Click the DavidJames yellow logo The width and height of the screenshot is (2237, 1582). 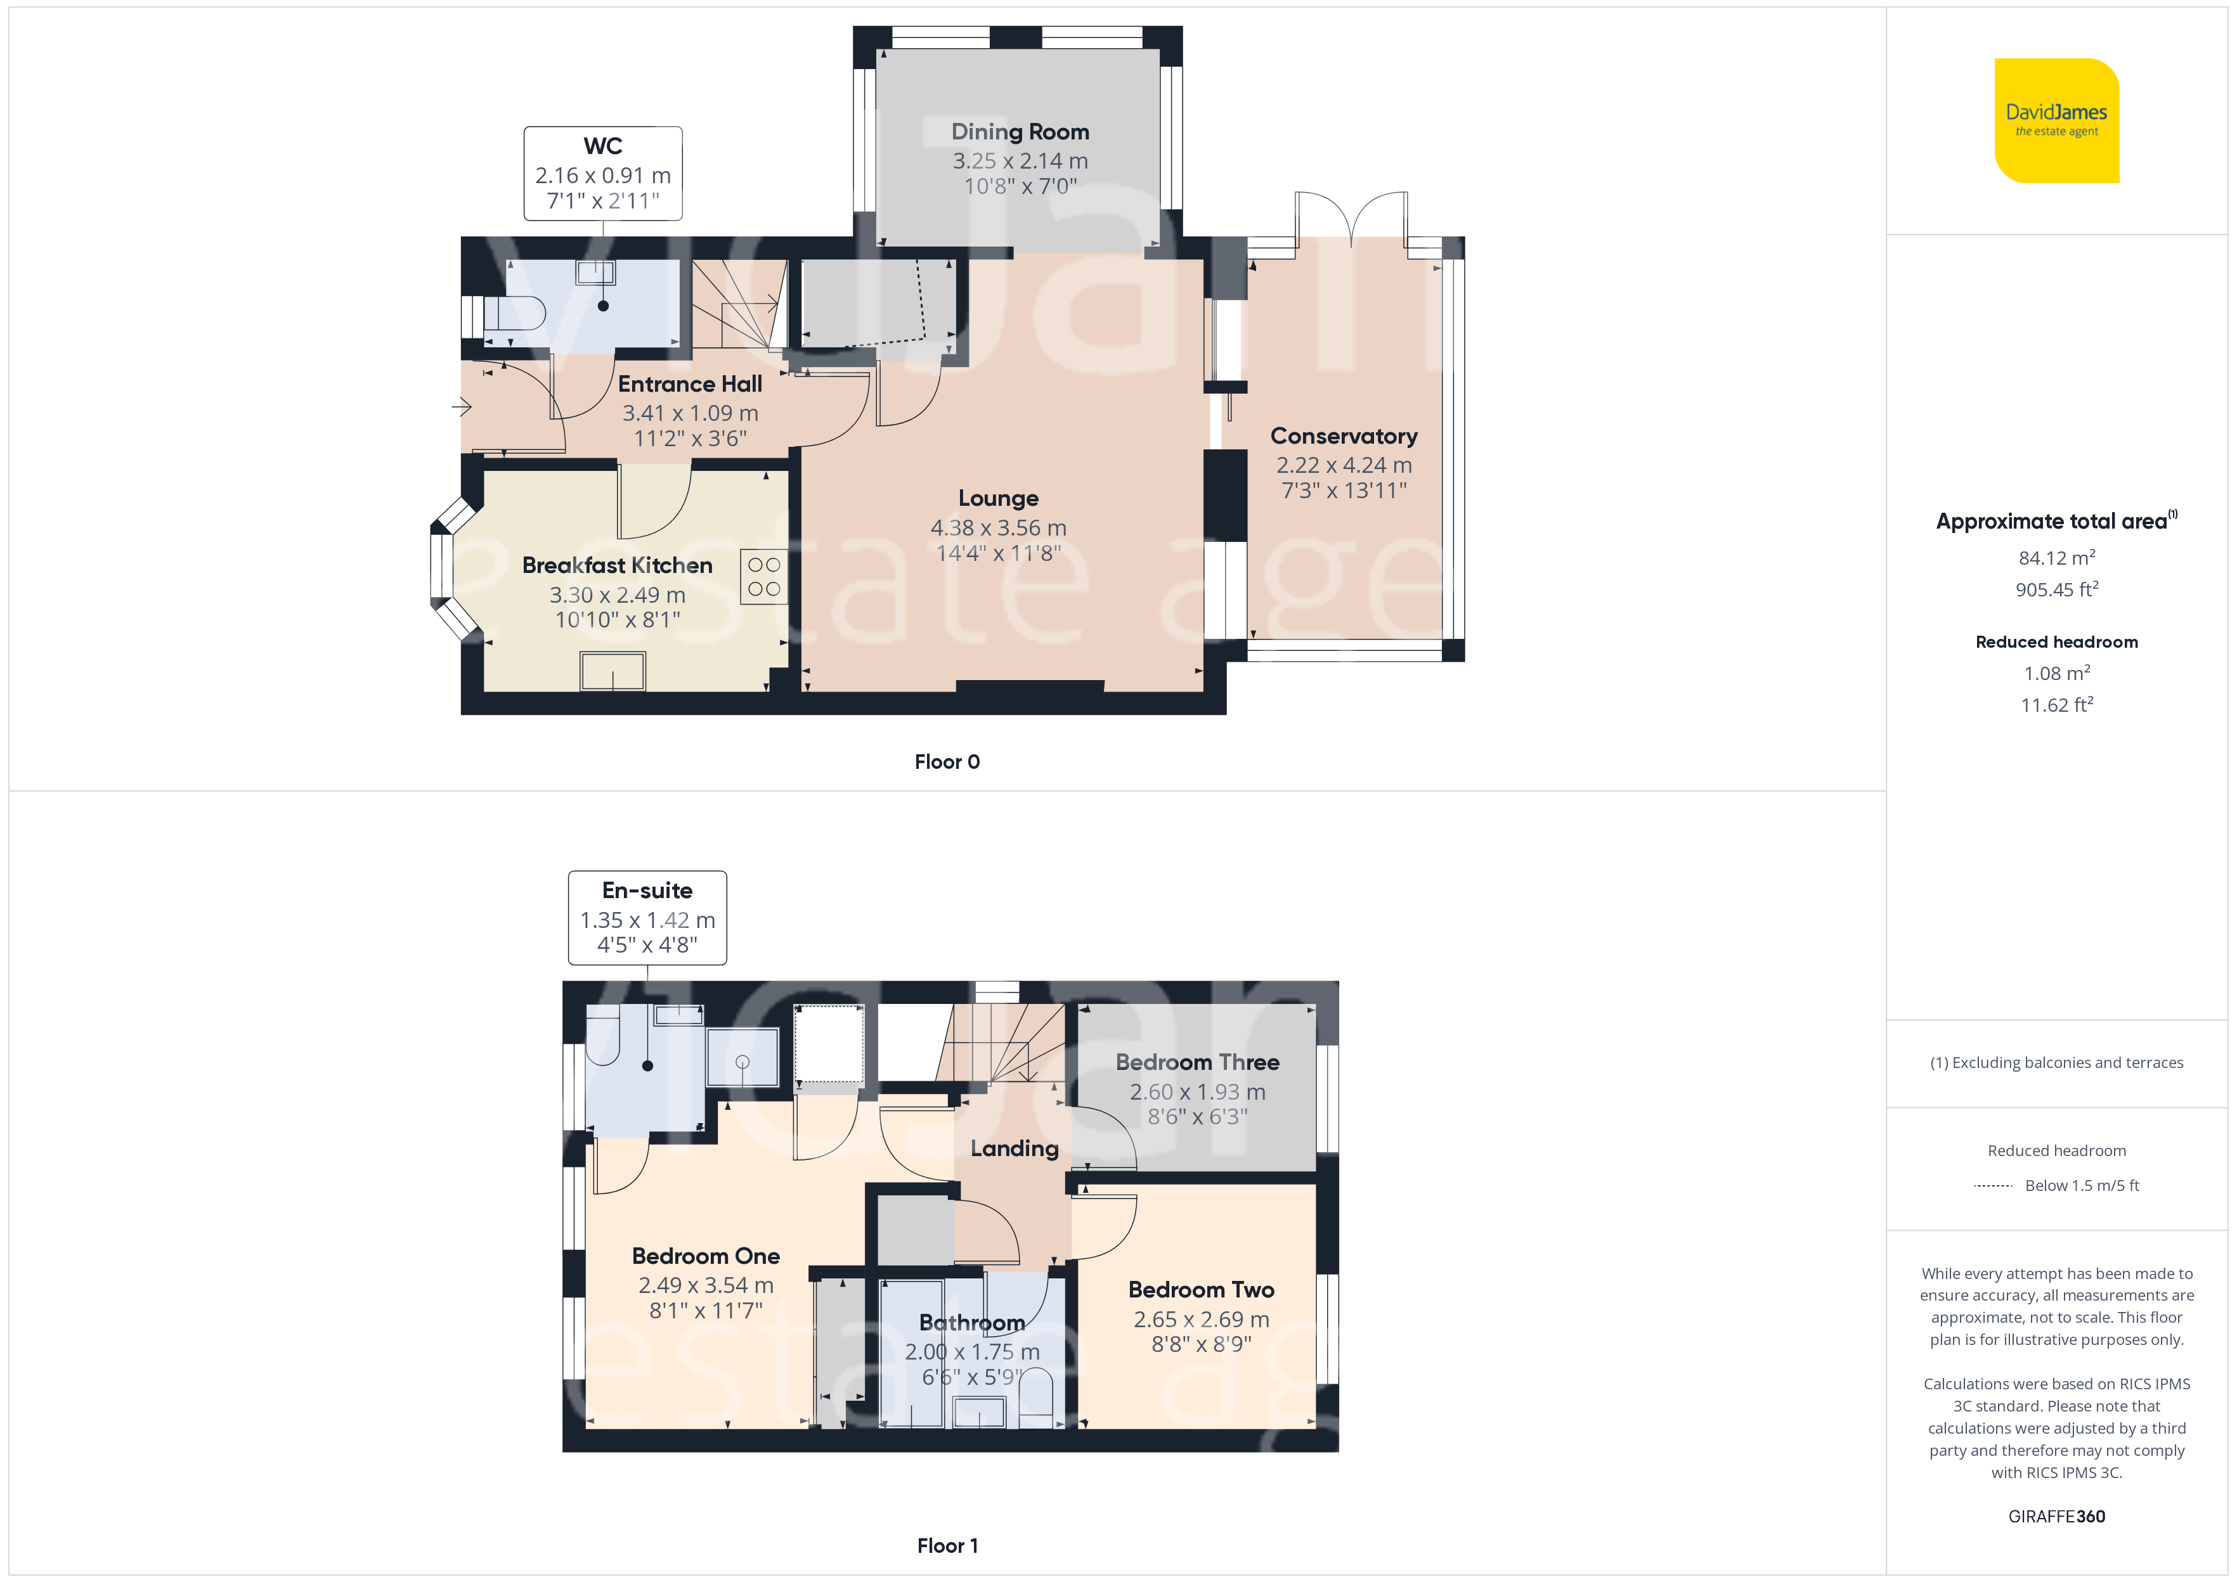[2057, 121]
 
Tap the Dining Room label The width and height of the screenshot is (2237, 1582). [1020, 131]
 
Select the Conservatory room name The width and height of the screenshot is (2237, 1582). [1344, 437]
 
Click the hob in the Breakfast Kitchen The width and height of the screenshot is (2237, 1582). [764, 577]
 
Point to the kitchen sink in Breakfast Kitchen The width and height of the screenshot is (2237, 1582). [613, 671]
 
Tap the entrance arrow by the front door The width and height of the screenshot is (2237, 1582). [462, 406]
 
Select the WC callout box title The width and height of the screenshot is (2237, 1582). [603, 146]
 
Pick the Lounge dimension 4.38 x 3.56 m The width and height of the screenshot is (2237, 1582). [999, 528]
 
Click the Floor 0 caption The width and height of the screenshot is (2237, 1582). [947, 762]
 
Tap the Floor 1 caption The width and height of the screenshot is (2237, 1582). [947, 1546]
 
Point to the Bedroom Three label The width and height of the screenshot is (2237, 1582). [1197, 1062]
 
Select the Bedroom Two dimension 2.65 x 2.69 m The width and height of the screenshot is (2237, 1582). [1202, 1320]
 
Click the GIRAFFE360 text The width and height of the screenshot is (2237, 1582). [2057, 1517]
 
